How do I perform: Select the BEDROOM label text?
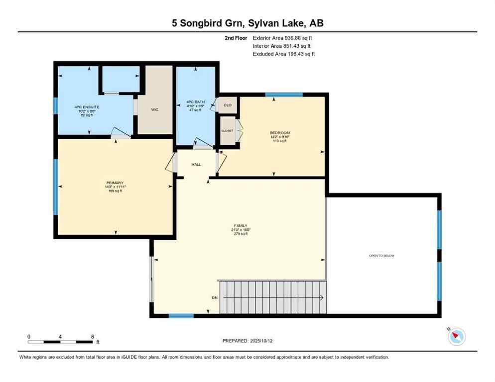pos(279,132)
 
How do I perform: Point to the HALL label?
pos(196,164)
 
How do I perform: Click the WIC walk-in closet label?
pos(155,109)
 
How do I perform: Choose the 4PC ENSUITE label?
pos(84,107)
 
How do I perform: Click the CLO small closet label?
pos(228,105)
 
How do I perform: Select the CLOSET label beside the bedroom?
pos(227,130)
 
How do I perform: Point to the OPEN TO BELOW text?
pos(381,256)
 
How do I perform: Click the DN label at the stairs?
pos(214,298)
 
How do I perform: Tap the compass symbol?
pos(456,337)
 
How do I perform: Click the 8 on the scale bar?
pos(93,337)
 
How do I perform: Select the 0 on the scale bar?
pos(29,337)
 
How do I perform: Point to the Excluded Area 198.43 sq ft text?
pos(283,54)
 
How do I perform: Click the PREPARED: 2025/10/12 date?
pos(247,341)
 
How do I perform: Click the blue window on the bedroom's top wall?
pos(284,95)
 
